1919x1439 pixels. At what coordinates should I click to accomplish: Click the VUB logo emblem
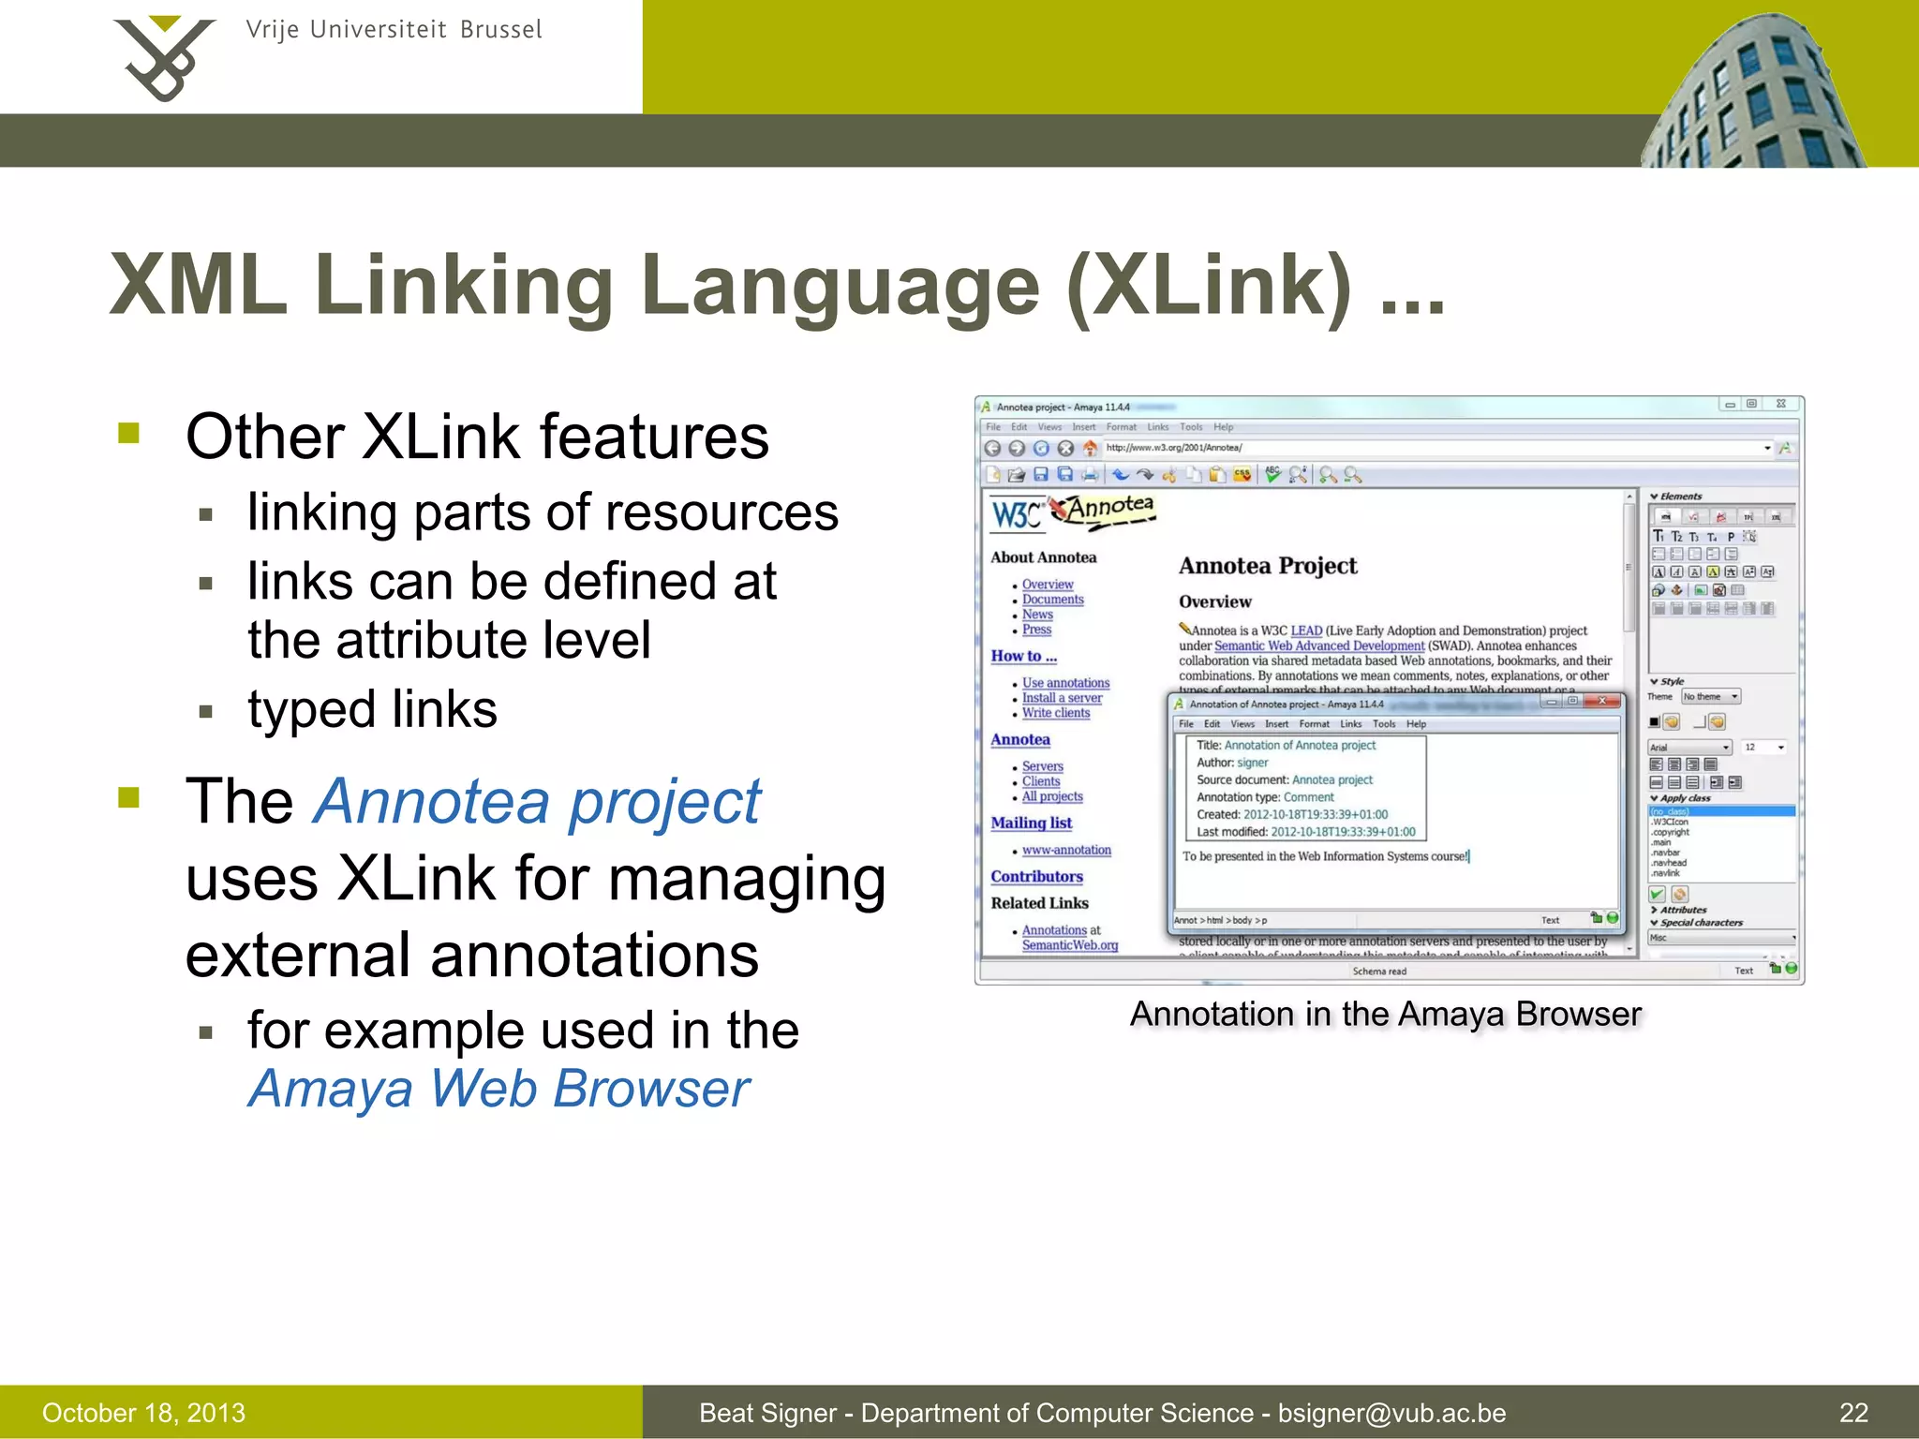[164, 58]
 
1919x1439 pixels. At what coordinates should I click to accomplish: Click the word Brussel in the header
[500, 30]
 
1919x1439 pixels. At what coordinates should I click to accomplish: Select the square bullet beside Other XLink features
[129, 433]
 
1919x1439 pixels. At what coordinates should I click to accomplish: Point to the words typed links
[372, 709]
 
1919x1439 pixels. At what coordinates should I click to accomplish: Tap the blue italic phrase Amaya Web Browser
[498, 1089]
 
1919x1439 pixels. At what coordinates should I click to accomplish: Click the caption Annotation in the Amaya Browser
[1386, 1014]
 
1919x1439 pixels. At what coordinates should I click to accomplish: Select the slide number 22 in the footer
[1853, 1413]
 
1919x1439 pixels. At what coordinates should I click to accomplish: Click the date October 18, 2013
[143, 1413]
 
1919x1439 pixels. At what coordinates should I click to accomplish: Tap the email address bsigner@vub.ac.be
[1391, 1413]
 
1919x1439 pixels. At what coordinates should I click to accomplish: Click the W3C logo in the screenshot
[1016, 514]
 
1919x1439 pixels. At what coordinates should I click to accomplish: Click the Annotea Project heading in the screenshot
[1268, 566]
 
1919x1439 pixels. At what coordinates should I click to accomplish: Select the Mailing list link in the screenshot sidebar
[1031, 823]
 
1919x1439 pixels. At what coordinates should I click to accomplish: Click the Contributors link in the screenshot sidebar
[1036, 876]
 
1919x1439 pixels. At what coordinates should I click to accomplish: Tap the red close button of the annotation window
[1603, 701]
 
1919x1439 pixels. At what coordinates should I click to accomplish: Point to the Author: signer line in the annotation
[1232, 763]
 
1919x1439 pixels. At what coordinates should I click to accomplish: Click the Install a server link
[1062, 698]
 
